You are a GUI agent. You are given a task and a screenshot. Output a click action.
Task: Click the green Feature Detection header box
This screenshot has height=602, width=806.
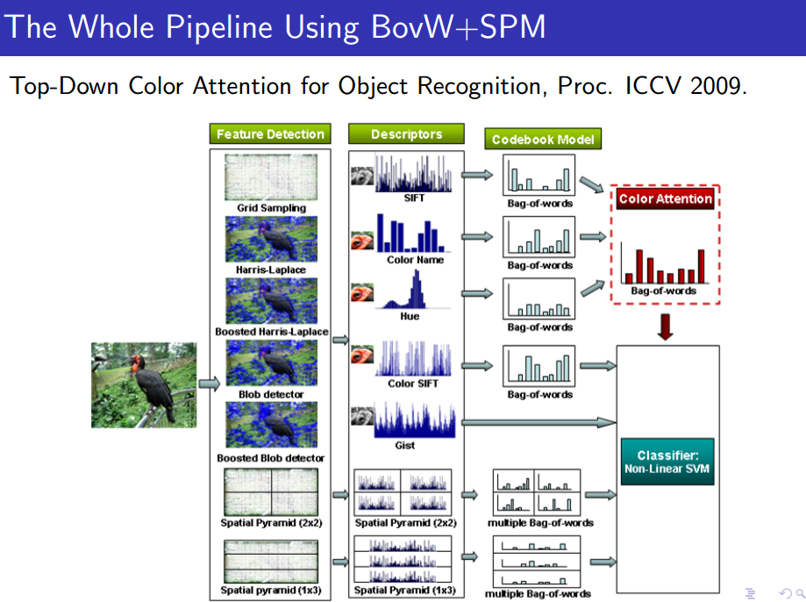(x=270, y=133)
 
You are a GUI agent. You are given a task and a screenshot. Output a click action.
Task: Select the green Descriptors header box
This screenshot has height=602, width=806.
(x=406, y=133)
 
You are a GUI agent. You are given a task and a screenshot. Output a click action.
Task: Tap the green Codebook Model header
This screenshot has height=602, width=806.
(x=543, y=139)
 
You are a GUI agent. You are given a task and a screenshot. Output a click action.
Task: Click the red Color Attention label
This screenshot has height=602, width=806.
(x=665, y=198)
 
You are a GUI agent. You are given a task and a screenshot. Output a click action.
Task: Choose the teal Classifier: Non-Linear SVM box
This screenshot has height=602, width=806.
(x=667, y=462)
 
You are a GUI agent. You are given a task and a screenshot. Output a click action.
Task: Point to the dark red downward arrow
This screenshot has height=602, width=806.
(x=665, y=327)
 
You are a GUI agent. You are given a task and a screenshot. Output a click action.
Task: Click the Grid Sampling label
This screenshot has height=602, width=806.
(x=271, y=208)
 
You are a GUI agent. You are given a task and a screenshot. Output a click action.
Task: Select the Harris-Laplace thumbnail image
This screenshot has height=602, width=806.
(x=271, y=240)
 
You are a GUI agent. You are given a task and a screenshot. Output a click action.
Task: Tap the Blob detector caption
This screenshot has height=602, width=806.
(x=271, y=395)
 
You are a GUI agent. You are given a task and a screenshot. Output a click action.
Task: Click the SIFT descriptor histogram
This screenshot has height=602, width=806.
(x=414, y=174)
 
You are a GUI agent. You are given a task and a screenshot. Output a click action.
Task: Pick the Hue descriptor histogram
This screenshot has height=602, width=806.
(x=413, y=290)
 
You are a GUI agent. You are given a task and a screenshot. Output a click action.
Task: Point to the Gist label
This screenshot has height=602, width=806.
(x=405, y=446)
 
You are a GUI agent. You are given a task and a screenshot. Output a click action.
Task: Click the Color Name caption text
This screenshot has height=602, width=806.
(x=416, y=260)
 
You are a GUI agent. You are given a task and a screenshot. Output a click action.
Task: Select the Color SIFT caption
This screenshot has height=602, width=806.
(x=413, y=383)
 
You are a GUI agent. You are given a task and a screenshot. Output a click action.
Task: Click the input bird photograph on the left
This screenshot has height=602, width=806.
(x=144, y=385)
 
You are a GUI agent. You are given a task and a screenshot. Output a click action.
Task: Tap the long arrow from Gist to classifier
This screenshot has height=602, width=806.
(x=539, y=422)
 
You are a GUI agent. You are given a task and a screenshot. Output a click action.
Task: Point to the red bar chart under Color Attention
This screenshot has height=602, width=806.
(x=665, y=263)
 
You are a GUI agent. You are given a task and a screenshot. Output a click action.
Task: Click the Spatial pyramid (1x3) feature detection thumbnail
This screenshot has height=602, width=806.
(x=271, y=562)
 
